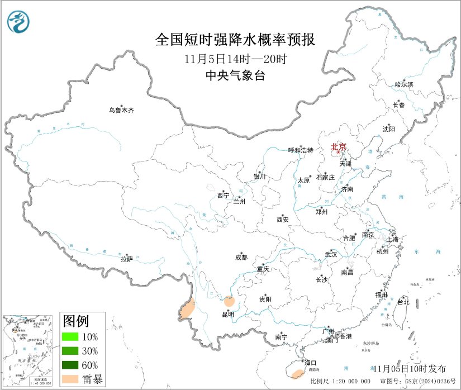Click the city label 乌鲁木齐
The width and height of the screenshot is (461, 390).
(x=121, y=111)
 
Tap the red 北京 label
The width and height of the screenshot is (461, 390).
(x=339, y=147)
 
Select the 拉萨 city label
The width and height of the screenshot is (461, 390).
(x=127, y=259)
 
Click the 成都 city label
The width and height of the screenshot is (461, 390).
(x=241, y=258)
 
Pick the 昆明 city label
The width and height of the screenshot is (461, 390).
(x=228, y=315)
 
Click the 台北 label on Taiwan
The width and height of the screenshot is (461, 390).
(x=403, y=302)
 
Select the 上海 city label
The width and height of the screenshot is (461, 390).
(x=393, y=240)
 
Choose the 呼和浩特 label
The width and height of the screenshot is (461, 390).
(x=301, y=150)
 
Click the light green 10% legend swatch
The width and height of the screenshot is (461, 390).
(x=70, y=337)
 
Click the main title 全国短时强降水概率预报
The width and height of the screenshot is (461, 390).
(x=235, y=40)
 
